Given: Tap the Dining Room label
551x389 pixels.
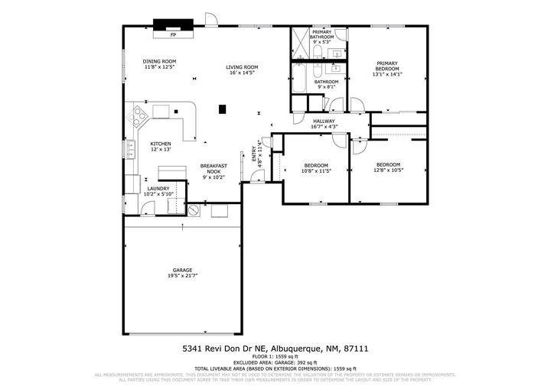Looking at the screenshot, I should (160, 61).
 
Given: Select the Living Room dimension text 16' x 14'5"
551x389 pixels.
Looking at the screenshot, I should (242, 73).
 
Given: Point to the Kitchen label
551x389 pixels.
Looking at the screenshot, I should (160, 144).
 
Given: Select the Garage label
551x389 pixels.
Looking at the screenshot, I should (182, 269).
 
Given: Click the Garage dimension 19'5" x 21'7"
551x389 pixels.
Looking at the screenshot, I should (182, 275).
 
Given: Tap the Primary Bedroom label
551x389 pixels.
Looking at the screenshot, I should (386, 66).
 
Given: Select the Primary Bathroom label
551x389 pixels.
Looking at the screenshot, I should (321, 34).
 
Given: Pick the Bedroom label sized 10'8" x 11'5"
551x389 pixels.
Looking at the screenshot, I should (316, 165).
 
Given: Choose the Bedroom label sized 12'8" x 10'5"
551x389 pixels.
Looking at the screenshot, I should (388, 164).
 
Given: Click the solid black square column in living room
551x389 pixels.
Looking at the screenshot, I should (223, 109).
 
